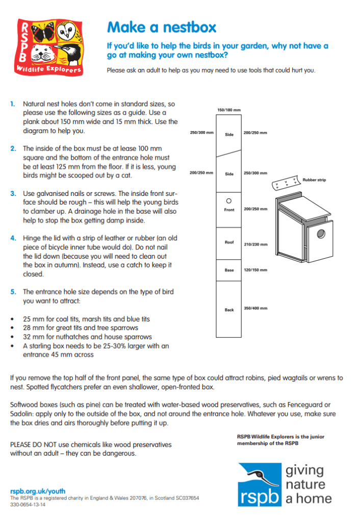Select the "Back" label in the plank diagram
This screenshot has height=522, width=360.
tap(229, 310)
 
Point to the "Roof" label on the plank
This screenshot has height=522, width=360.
tap(229, 242)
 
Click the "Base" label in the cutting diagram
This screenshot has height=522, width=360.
tap(229, 270)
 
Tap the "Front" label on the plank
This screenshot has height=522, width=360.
tap(229, 210)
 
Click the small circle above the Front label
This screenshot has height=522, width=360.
tap(229, 201)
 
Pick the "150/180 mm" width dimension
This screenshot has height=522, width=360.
tap(229, 110)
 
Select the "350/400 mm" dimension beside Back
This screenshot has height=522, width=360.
tap(255, 308)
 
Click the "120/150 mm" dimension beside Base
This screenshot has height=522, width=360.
tap(255, 270)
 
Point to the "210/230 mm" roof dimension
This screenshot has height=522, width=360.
tap(255, 244)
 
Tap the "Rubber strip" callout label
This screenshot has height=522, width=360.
tap(314, 180)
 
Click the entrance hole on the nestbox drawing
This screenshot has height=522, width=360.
tap(321, 234)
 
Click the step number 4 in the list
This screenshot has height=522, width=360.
tap(13, 238)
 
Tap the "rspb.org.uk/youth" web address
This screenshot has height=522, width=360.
tap(31, 490)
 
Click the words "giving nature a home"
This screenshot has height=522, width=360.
tap(308, 484)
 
